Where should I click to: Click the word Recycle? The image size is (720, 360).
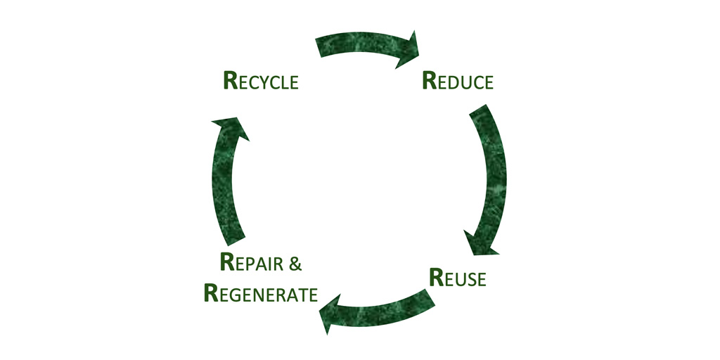coord(261,81)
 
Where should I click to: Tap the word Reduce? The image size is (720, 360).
coord(458,81)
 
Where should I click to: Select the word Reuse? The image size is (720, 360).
coord(457,278)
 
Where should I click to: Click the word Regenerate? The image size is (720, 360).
coord(261,293)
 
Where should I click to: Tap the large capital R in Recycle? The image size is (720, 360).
coord(230,80)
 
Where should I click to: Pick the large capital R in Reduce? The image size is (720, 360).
coord(429,80)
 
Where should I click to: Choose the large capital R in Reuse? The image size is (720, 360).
coord(436,277)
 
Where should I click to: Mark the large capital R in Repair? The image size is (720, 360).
coord(226,262)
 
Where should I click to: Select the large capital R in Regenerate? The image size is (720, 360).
coord(211,292)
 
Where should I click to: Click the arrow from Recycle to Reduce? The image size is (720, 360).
coord(362,44)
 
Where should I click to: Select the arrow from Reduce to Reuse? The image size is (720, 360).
coord(491,176)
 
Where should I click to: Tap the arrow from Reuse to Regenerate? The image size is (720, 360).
coord(380,309)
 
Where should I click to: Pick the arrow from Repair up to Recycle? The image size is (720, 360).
coord(224,183)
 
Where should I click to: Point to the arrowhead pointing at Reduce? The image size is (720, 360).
coord(407,50)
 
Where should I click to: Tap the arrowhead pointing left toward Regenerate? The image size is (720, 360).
coord(327,315)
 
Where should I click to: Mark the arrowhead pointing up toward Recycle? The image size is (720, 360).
coord(231,127)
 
